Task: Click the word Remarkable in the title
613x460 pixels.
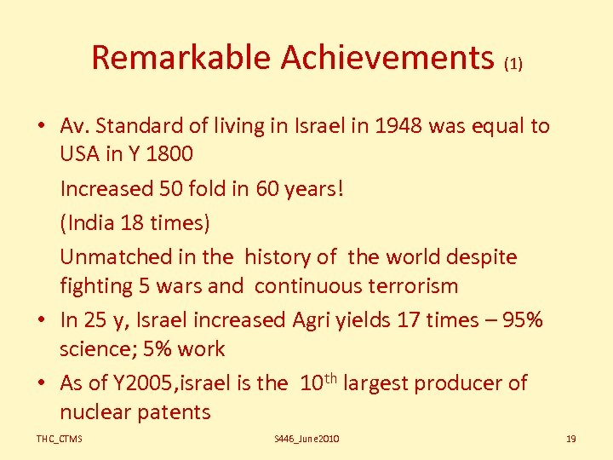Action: point(180,58)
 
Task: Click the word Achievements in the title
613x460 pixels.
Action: point(387,58)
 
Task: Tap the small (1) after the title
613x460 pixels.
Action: point(513,63)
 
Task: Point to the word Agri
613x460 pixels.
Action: point(315,320)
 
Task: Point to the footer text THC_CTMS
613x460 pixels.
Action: point(59,439)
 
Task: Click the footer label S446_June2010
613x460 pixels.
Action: point(306,439)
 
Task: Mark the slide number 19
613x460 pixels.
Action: point(570,439)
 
